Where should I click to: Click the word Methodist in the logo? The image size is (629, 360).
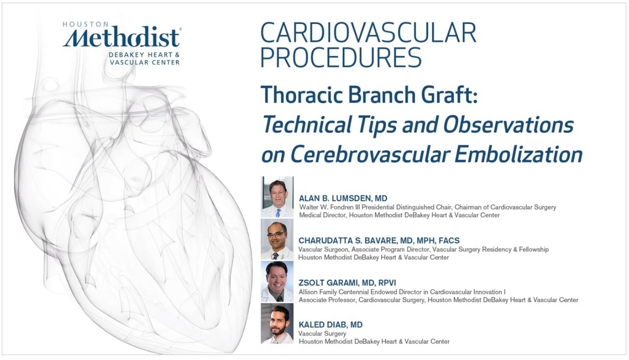coord(121,37)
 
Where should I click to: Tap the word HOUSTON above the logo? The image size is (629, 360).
coord(82,24)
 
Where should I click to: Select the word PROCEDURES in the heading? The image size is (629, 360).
coord(341,57)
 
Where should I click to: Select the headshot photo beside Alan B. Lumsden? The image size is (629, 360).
coord(277,197)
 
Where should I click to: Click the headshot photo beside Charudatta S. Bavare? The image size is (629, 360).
coord(277,239)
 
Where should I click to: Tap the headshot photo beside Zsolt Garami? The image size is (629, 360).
coord(277,281)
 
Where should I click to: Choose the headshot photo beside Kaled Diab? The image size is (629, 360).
coord(277,323)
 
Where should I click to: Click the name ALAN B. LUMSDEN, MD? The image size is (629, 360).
coord(343,199)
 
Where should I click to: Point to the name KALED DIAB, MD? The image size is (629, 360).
coord(331,325)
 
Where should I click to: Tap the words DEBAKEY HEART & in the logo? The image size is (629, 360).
coord(144,55)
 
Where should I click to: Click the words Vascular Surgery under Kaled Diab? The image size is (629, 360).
coord(322,334)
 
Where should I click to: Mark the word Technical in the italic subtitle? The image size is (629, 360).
coord(306,124)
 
